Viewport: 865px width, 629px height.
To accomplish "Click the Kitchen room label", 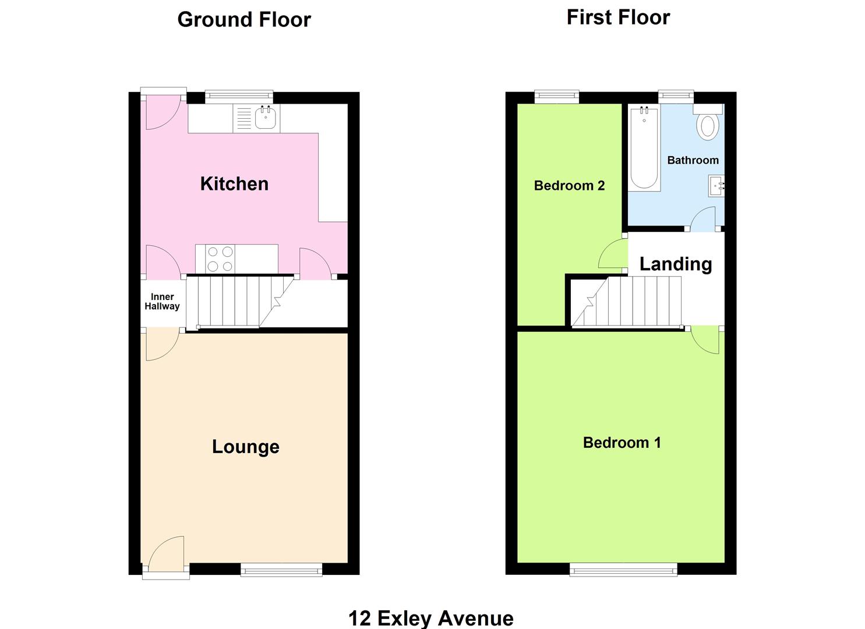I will tap(234, 184).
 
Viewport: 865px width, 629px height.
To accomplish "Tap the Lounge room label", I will tap(245, 447).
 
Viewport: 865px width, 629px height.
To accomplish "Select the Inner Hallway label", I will tap(162, 302).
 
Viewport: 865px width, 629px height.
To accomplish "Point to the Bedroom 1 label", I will tap(622, 443).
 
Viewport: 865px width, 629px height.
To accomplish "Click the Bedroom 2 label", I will tap(569, 186).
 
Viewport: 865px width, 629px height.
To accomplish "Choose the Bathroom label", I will tap(693, 160).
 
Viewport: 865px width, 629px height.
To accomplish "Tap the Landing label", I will tap(675, 264).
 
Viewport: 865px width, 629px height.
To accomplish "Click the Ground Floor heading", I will tap(244, 20).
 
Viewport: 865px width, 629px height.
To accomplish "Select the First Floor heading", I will tap(618, 17).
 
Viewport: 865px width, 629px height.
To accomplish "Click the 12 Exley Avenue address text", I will tap(430, 618).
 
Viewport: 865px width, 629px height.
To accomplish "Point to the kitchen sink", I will tap(265, 118).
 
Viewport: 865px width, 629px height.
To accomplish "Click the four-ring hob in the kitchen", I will tap(220, 259).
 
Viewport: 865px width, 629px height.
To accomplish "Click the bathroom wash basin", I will tap(716, 187).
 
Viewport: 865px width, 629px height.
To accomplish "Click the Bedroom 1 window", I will tap(623, 569).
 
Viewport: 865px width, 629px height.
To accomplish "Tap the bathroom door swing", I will tap(704, 218).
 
